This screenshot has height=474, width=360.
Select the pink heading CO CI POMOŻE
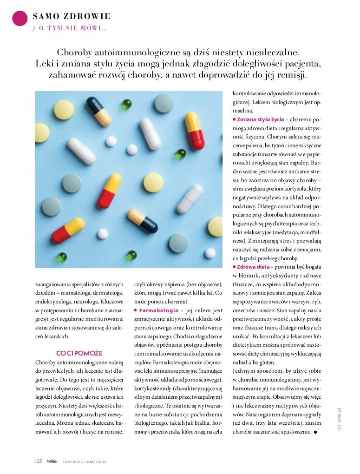(x=79, y=353)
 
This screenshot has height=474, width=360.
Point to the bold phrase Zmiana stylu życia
(x=261, y=119)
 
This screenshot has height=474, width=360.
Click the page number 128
(x=38, y=461)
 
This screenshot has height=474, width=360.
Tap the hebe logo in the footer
(x=51, y=461)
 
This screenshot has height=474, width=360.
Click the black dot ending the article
(x=315, y=432)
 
